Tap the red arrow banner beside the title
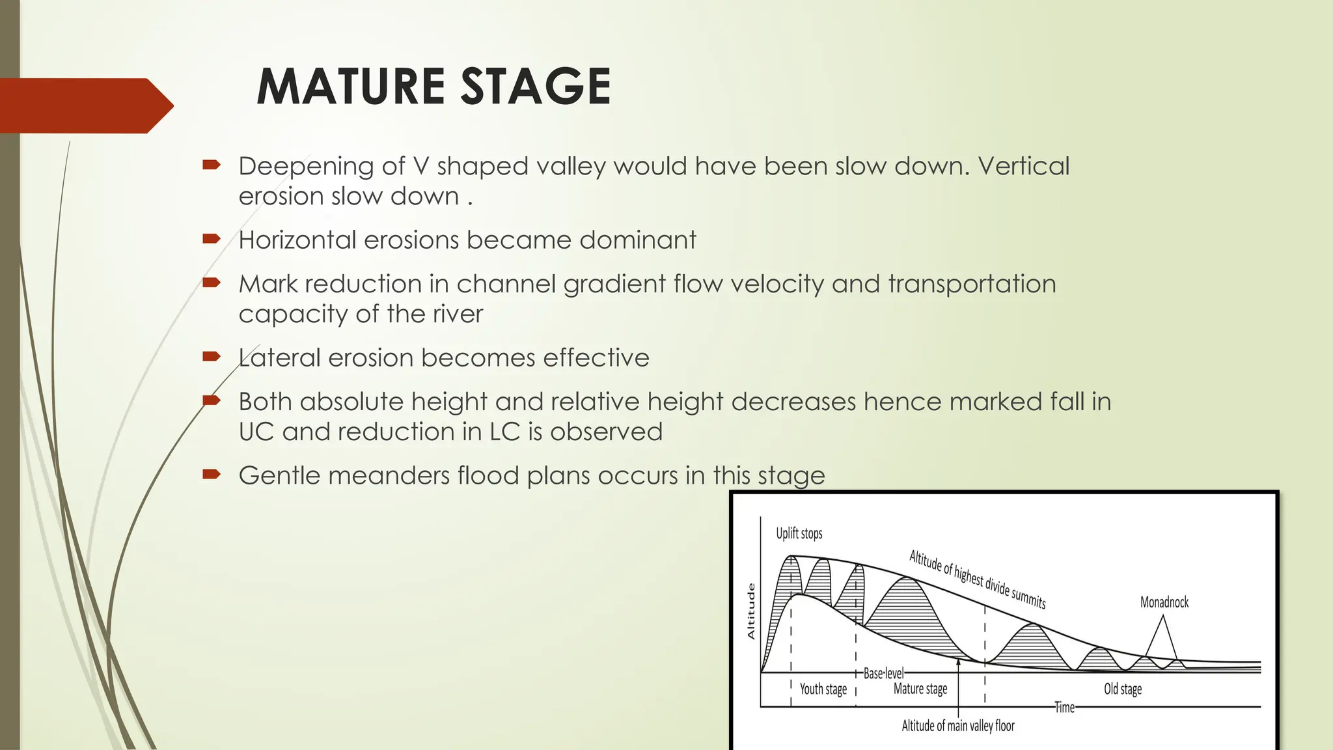click(85, 105)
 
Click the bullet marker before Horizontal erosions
click(211, 239)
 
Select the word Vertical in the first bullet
click(1023, 166)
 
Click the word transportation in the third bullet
click(971, 285)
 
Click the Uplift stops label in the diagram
click(799, 534)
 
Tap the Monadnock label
click(1164, 602)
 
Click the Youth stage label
click(823, 689)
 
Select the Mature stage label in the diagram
click(920, 689)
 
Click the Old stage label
click(1122, 689)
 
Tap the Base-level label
click(883, 674)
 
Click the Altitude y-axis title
click(750, 611)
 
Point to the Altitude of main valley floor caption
click(957, 726)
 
